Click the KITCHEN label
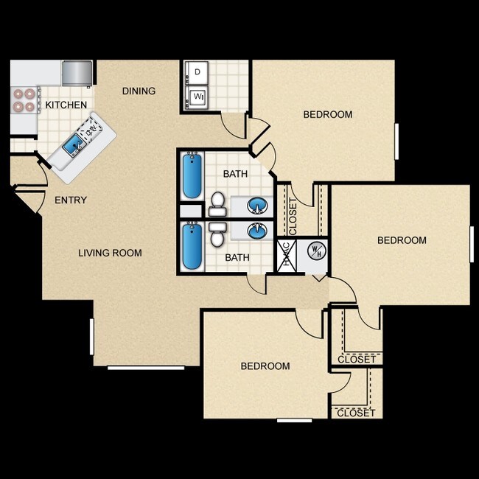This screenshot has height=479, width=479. pos(66,105)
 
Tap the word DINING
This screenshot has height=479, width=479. pos(139,91)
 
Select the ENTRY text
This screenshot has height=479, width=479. pos(71,200)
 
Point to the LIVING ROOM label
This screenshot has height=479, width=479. pos(110,253)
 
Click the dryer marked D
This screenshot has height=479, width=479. pos(197,72)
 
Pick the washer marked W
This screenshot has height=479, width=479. pos(197,97)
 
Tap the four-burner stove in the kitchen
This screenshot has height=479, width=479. pos(24,100)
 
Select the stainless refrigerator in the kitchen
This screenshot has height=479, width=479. pos(77,72)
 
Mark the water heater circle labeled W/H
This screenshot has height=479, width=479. pos(316,251)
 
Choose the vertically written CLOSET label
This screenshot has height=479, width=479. pos(293,216)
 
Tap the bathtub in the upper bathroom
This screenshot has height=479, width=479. pos(192,176)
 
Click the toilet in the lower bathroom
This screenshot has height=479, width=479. pos(217,235)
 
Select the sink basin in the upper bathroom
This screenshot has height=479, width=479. pos(257,204)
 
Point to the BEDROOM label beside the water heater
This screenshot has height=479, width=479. pos(402,240)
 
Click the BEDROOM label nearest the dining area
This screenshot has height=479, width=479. pos(328,114)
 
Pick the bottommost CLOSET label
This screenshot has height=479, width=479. pos(356,413)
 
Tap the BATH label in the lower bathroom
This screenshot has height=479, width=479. pos(237,257)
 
